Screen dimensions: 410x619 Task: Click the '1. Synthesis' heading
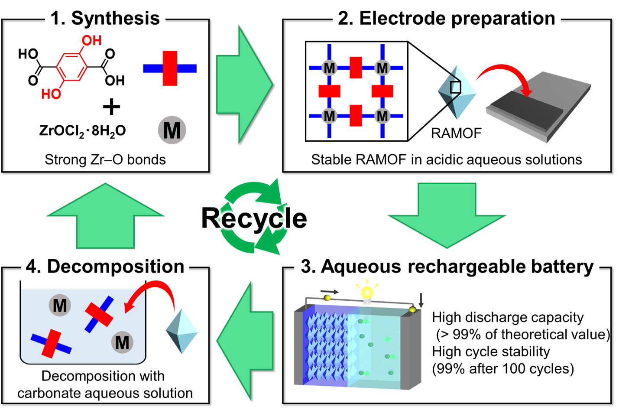(105, 18)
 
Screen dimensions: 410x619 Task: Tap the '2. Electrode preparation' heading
(446, 18)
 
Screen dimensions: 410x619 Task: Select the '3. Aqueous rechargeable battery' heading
(447, 266)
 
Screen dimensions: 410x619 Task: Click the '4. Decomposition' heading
(105, 266)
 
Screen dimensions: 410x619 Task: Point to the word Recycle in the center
(255, 218)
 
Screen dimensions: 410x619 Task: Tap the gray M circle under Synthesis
(172, 130)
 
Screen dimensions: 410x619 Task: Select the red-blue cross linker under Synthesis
(170, 68)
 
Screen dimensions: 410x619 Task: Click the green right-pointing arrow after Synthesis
(243, 85)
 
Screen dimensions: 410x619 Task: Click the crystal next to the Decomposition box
(182, 332)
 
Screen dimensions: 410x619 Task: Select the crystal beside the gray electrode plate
(457, 92)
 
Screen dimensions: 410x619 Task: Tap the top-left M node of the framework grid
(329, 68)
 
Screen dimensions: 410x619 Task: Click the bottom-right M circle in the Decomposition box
(122, 342)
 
